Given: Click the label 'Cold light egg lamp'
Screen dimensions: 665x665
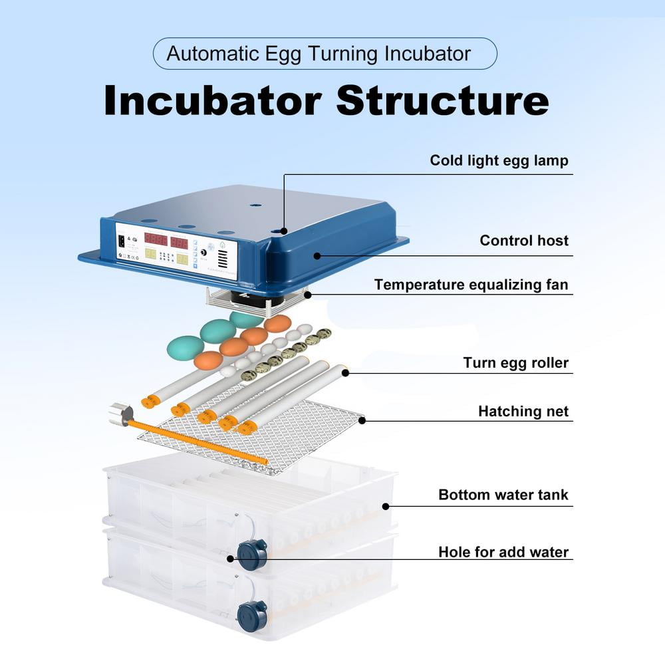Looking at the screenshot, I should (x=499, y=160).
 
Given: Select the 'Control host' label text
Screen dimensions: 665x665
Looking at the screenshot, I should (x=524, y=241).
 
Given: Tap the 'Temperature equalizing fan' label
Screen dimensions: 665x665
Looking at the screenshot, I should (x=471, y=285).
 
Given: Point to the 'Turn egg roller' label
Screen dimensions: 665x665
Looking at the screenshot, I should (x=516, y=363).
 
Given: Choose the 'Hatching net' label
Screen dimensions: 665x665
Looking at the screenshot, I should (x=523, y=412).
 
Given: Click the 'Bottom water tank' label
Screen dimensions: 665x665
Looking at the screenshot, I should (x=503, y=495).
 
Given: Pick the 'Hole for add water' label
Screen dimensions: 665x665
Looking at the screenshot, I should (x=503, y=552).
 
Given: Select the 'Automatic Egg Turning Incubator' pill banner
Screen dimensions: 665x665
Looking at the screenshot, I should (x=325, y=54).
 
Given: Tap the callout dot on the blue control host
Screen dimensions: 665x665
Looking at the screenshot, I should (x=317, y=255).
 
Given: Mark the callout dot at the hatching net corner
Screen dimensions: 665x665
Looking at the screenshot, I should (x=362, y=420).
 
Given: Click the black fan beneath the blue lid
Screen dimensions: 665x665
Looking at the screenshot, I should (x=256, y=299).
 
